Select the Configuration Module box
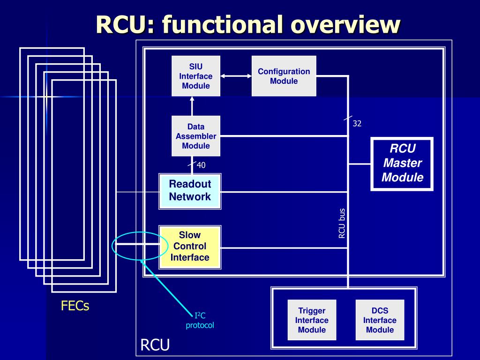(x=284, y=76)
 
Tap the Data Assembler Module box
(x=195, y=136)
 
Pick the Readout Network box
(x=189, y=190)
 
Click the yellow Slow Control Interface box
(x=190, y=247)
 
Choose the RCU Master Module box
(x=402, y=164)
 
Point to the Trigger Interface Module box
(x=312, y=320)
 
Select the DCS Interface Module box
(x=380, y=320)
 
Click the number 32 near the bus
(x=357, y=124)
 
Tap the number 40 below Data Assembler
(x=201, y=165)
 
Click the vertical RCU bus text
(x=342, y=223)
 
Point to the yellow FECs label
(x=75, y=307)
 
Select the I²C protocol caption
(x=200, y=321)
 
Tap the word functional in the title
(x=223, y=24)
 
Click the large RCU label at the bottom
(x=155, y=346)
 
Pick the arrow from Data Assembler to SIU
(x=191, y=106)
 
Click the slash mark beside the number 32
(x=348, y=118)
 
